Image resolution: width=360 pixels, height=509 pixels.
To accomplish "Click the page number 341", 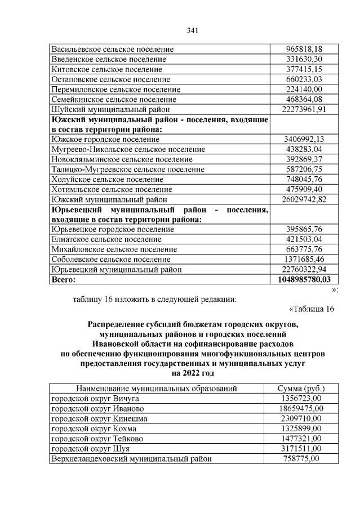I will click(192, 30).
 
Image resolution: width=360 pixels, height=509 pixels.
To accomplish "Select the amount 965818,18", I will click(304, 49).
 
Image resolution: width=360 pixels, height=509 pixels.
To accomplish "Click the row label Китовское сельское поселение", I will click(106, 69).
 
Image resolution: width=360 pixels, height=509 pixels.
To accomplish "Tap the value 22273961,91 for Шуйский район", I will click(304, 109).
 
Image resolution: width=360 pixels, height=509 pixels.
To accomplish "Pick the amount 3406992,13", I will click(304, 139).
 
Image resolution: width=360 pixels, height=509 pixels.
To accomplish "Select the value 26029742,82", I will click(304, 199).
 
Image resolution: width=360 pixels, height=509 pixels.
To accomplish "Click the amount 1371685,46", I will click(304, 260).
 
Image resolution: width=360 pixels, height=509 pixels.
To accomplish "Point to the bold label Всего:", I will click(63, 279).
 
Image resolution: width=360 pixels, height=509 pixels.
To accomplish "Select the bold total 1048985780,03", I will click(304, 279).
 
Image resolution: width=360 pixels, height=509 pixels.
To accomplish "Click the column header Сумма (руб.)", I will click(301, 389).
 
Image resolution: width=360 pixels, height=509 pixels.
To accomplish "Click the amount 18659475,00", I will click(301, 408).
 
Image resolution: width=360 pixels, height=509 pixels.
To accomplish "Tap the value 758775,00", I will click(301, 459).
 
